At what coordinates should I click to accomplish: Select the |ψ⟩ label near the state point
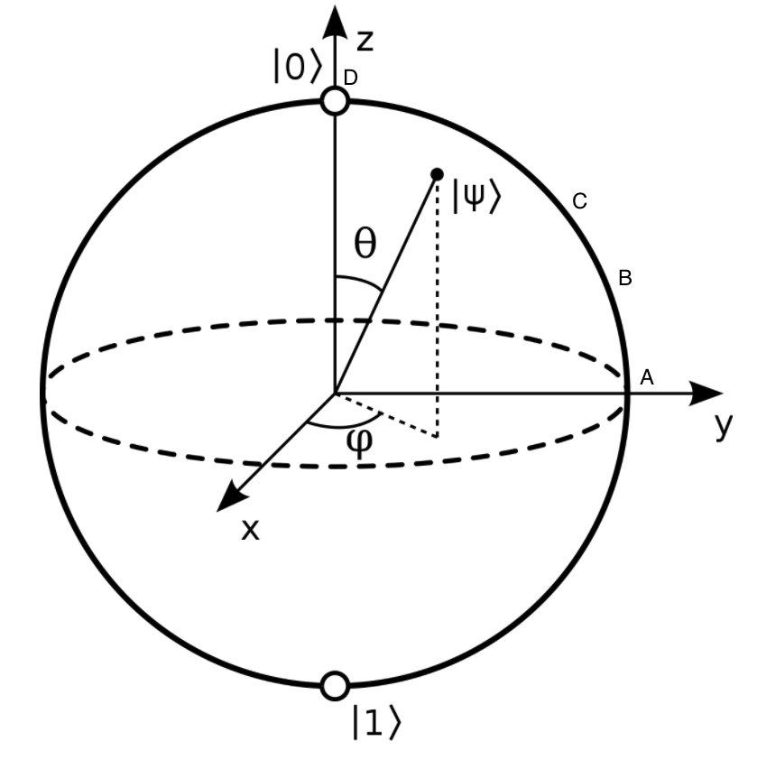pyautogui.click(x=475, y=197)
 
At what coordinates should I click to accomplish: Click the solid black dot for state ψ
pyautogui.click(x=438, y=173)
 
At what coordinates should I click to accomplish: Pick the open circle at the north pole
pyautogui.click(x=335, y=100)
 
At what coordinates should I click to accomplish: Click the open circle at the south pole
pyautogui.click(x=335, y=686)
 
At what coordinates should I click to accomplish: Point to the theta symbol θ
pyautogui.click(x=365, y=245)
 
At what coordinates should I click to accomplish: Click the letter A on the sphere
pyautogui.click(x=646, y=378)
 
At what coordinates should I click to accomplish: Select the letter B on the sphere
pyautogui.click(x=624, y=278)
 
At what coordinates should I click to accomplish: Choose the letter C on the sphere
pyautogui.click(x=580, y=201)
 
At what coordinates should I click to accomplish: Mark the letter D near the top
pyautogui.click(x=350, y=79)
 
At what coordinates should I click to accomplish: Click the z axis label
pyautogui.click(x=365, y=40)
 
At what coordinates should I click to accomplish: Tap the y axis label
pyautogui.click(x=723, y=426)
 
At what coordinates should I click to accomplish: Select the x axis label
pyautogui.click(x=250, y=530)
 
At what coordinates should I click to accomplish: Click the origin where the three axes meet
pyautogui.click(x=335, y=394)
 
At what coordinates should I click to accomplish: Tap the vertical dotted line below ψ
pyautogui.click(x=438, y=307)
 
